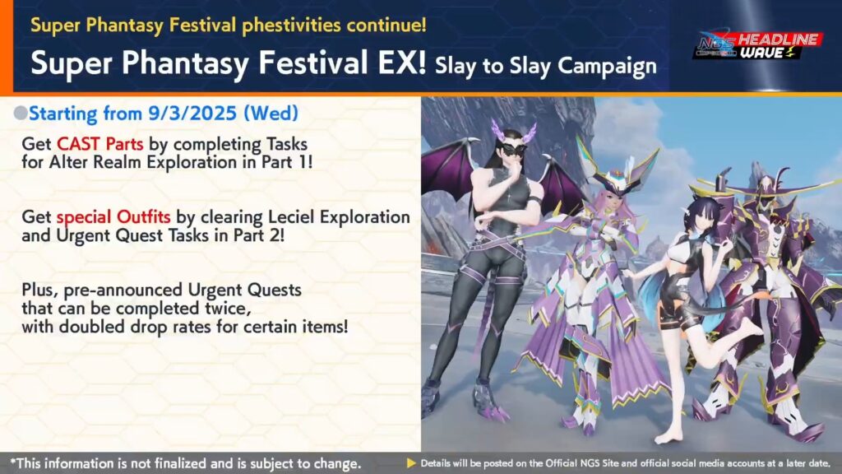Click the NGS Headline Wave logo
[757, 45]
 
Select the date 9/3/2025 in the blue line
[192, 113]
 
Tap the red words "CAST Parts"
[99, 144]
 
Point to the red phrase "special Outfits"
[113, 217]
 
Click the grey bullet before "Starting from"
[21, 113]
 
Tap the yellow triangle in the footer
[411, 462]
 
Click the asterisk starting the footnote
[13, 461]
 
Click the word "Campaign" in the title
[608, 67]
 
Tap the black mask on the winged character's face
[511, 150]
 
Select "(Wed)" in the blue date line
[271, 113]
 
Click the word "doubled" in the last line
[91, 326]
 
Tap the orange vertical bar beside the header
[7, 46]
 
